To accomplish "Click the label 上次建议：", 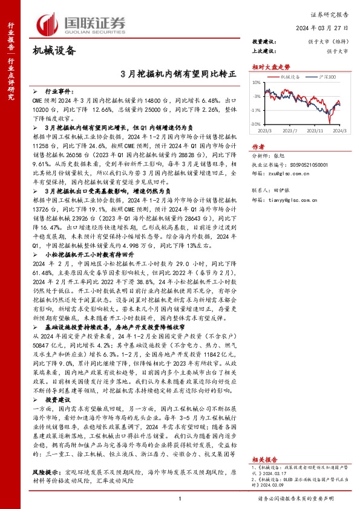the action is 264,51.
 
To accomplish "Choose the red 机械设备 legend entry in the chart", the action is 291,77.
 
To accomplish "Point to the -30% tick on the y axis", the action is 257,125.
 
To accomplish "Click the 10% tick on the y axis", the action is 258,81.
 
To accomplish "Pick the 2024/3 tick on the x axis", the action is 339,130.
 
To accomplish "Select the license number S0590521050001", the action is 309,164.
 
